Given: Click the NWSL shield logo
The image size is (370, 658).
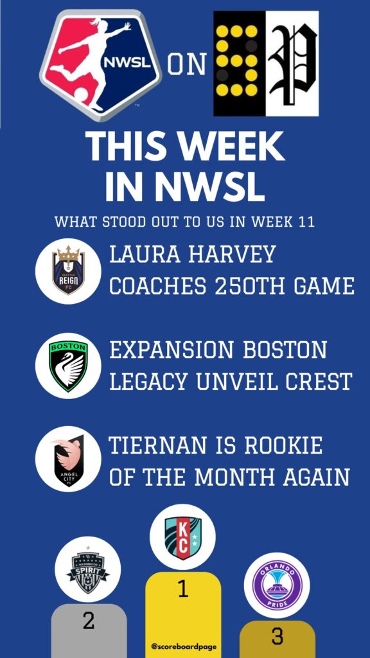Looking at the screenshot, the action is (x=101, y=64).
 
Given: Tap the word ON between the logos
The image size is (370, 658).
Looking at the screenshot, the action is (x=187, y=64).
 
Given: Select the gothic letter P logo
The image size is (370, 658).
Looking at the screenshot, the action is (x=292, y=64).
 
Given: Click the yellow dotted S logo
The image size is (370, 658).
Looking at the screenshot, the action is (x=240, y=64).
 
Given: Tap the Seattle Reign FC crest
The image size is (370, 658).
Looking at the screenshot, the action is (x=68, y=272).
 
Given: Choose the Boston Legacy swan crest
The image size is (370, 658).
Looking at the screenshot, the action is (x=68, y=366).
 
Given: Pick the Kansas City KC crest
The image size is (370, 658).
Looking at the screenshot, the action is (x=183, y=538).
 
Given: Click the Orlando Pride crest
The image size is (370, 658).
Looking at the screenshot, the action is (x=277, y=585).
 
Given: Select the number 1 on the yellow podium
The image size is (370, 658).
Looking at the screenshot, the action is (x=182, y=589).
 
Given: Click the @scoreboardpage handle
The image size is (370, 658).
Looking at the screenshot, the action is (x=183, y=646).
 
